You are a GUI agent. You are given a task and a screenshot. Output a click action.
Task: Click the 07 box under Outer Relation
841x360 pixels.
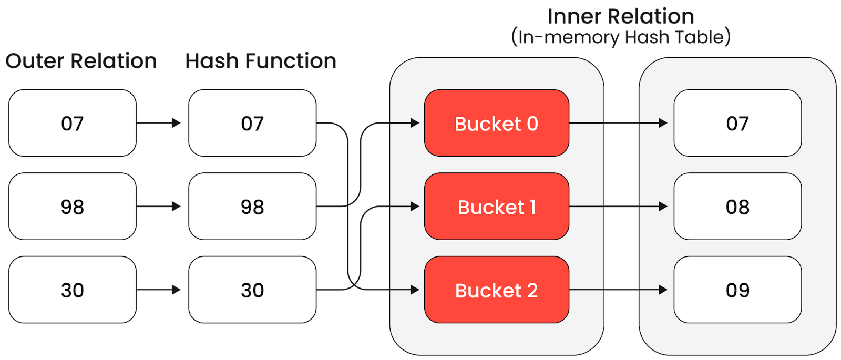tap(73, 123)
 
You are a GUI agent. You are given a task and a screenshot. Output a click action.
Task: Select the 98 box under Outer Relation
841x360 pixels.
tap(73, 207)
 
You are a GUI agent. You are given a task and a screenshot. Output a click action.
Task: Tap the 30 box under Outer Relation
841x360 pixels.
tap(73, 290)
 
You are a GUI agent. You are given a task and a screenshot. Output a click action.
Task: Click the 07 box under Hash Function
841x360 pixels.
tap(252, 123)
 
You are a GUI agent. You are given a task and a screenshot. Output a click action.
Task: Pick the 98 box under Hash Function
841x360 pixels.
tap(252, 207)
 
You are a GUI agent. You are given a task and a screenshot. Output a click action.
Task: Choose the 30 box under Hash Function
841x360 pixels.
tap(252, 290)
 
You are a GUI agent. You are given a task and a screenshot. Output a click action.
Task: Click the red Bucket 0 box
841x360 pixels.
tap(496, 123)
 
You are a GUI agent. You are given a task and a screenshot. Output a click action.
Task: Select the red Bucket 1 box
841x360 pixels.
tap(496, 207)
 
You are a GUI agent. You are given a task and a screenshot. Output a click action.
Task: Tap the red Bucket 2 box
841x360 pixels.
tap(496, 290)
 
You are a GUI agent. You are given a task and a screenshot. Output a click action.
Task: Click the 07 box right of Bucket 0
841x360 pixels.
tap(737, 123)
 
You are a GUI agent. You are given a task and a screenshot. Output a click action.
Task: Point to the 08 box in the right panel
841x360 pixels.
tap(737, 207)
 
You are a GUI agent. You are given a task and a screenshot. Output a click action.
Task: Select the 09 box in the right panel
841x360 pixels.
tap(737, 290)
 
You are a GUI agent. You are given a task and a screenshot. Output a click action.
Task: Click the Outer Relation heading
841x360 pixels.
tap(81, 61)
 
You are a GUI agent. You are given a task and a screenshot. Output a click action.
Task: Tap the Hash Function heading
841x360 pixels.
tap(261, 61)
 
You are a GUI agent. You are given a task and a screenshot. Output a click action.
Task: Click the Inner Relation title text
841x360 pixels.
tap(621, 17)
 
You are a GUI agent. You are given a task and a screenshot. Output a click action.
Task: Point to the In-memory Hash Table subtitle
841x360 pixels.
tap(621, 37)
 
